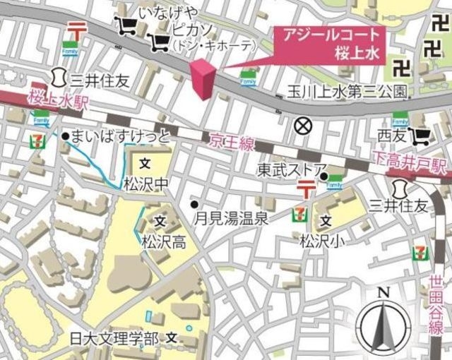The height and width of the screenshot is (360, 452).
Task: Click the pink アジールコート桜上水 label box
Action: tap(327, 44)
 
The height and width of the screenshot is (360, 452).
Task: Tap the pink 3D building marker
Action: tap(202, 80)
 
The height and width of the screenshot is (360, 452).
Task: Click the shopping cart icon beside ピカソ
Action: tap(159, 44)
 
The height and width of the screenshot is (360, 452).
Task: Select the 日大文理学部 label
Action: tap(114, 339)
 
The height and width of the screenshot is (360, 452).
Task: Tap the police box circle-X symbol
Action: tap(302, 126)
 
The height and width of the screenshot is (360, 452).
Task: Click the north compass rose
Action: tap(383, 323)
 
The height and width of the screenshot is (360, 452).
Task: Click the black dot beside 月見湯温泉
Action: tap(194, 204)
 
